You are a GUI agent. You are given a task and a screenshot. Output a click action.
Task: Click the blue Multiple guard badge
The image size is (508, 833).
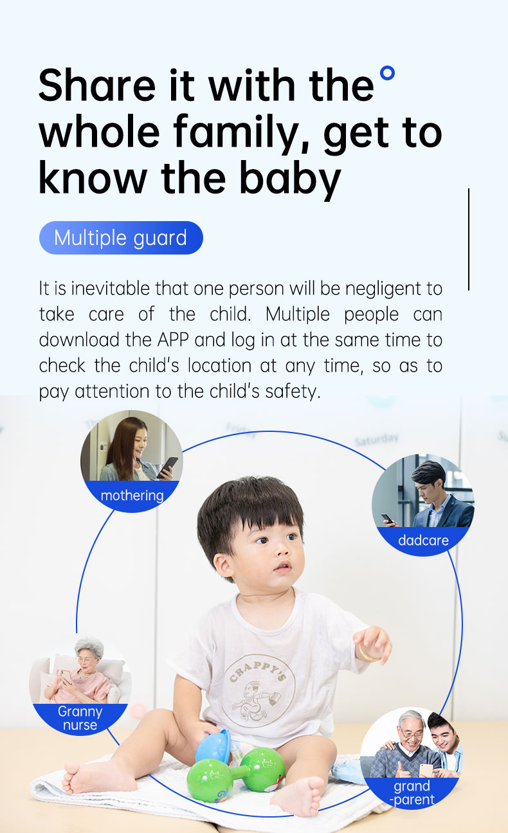click(x=121, y=238)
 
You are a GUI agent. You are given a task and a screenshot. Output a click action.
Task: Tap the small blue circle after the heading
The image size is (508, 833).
click(x=387, y=73)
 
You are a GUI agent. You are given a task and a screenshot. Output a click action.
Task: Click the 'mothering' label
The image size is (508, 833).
click(x=132, y=496)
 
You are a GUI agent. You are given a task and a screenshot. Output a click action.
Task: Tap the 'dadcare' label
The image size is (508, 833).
click(x=423, y=540)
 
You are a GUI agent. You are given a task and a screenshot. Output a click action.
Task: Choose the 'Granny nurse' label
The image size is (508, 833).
click(x=80, y=718)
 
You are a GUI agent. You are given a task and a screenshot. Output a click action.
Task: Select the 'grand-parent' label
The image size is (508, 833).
click(x=412, y=793)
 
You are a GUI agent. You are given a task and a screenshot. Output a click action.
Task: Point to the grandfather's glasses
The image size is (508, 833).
click(x=410, y=734)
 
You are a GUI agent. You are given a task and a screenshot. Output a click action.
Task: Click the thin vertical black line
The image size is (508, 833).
click(x=469, y=239)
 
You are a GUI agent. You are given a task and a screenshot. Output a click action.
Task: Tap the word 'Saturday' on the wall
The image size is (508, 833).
click(x=376, y=440)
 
